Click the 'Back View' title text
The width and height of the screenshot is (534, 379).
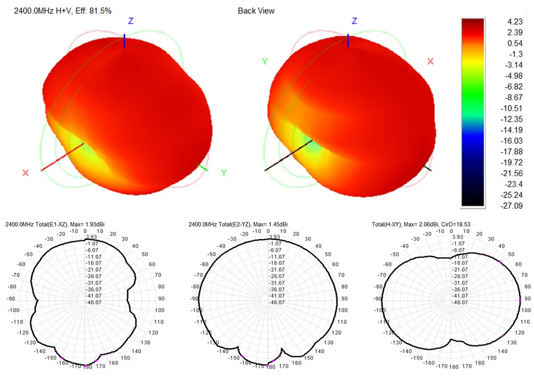click(x=256, y=10)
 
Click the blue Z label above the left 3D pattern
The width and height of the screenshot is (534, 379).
click(x=130, y=21)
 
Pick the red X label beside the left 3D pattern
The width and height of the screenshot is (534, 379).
click(x=25, y=173)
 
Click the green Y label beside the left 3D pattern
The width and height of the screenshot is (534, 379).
click(x=224, y=173)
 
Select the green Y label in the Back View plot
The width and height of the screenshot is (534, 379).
click(x=264, y=61)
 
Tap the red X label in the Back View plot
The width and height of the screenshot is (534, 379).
click(x=430, y=61)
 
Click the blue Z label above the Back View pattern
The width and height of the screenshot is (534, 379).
click(x=354, y=21)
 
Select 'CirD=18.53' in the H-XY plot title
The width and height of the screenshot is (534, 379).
click(x=455, y=224)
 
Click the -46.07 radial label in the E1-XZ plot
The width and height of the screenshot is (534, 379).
click(x=94, y=302)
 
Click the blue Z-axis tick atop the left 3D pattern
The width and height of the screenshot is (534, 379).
click(x=124, y=41)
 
